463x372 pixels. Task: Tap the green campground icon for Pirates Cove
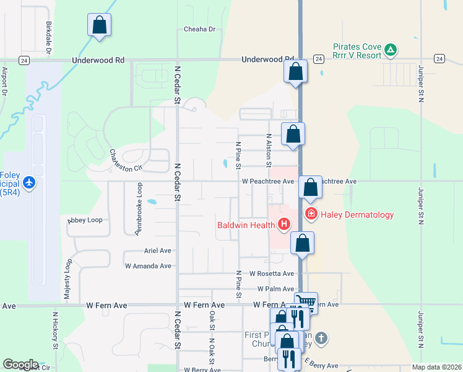[391, 49]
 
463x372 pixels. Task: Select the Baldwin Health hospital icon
[284, 224]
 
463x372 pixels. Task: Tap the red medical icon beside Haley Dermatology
[311, 215]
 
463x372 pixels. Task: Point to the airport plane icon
[28, 183]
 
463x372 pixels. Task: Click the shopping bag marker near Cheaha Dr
[99, 26]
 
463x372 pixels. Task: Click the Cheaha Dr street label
[199, 29]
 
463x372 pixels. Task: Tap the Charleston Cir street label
[126, 160]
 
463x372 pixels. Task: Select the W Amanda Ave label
[148, 266]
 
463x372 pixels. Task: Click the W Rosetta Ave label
[272, 273]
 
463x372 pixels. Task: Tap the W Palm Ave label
[275, 289]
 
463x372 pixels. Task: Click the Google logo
[20, 365]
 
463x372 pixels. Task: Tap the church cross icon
[320, 338]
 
